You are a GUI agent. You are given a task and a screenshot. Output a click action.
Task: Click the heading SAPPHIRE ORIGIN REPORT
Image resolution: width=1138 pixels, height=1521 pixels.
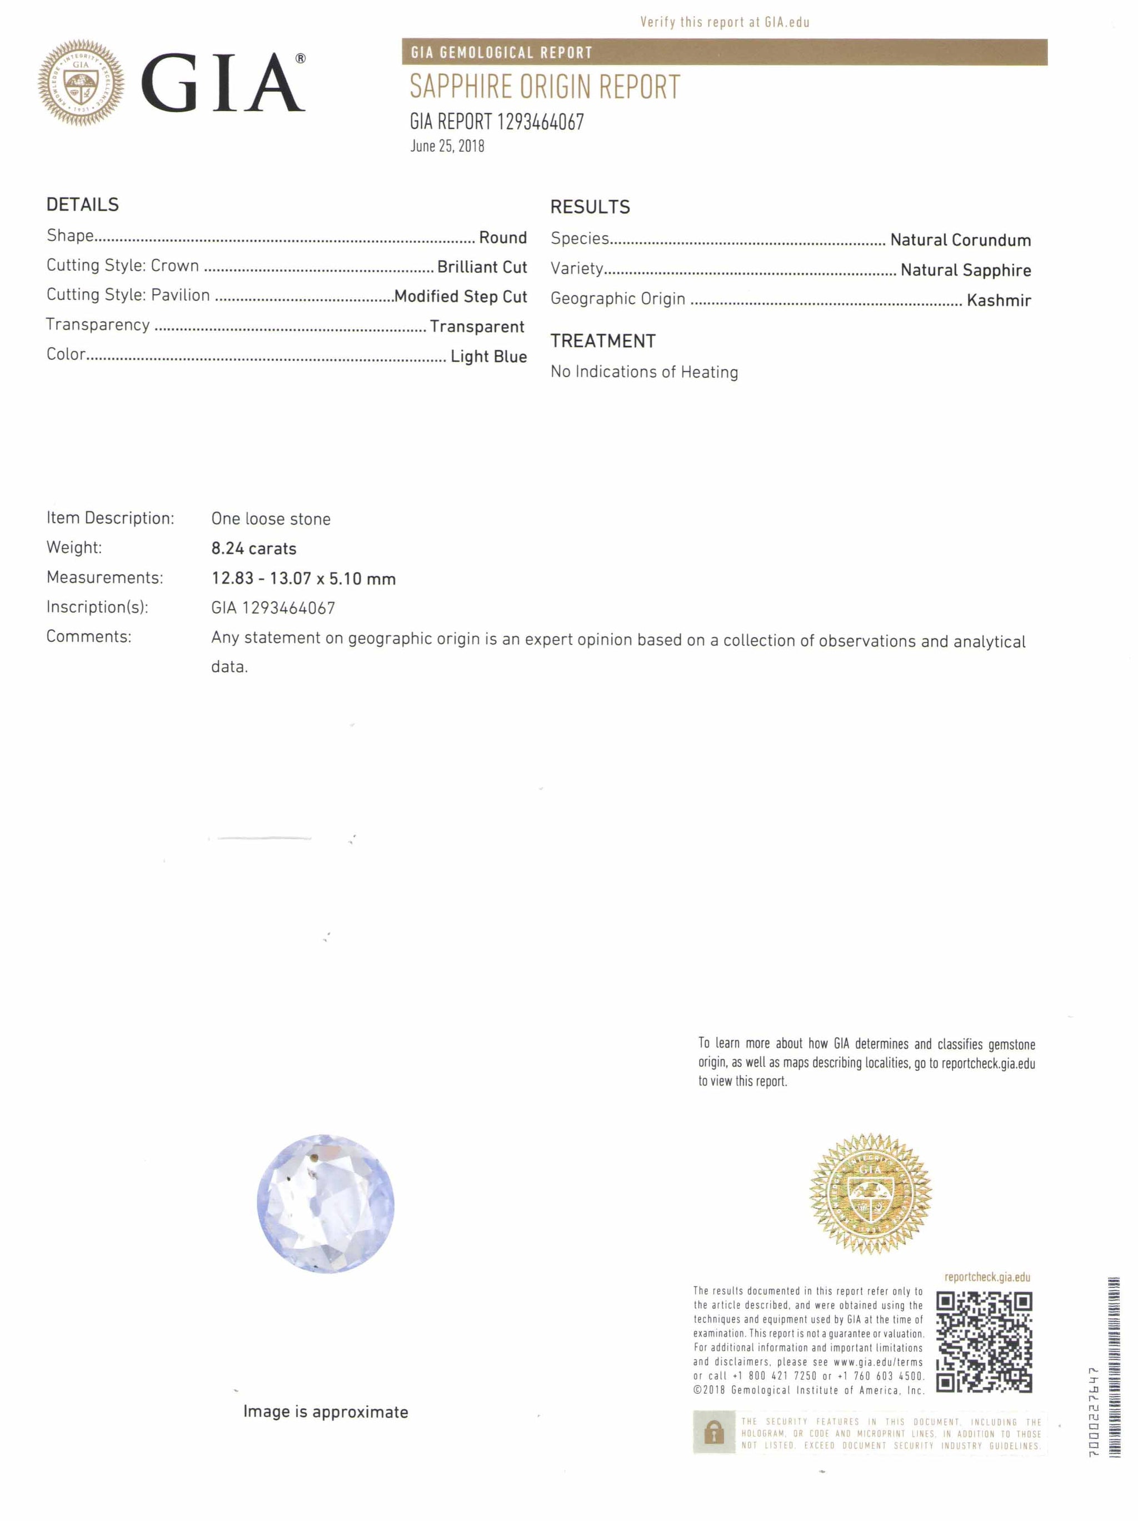point(545,87)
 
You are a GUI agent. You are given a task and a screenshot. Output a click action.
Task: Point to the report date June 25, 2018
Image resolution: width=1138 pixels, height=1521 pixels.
point(447,146)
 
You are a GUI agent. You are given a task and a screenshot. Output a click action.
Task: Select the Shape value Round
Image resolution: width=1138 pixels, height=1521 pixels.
point(503,237)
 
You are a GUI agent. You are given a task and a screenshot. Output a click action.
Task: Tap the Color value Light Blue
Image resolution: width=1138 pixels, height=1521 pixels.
point(488,356)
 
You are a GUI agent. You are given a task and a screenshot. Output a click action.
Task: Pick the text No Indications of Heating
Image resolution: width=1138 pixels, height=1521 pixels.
point(645,372)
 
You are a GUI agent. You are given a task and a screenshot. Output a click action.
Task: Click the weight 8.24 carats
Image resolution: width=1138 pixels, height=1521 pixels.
point(254,548)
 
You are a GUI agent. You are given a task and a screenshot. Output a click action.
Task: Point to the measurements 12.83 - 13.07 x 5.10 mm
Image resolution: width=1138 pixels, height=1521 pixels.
point(303,579)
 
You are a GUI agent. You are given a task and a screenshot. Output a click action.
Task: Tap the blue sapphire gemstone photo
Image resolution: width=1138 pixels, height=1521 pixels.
point(325,1203)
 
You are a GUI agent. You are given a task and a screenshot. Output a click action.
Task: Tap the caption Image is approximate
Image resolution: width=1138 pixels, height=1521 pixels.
point(325,1412)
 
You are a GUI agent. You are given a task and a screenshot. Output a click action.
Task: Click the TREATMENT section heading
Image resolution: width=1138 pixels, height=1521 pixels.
point(603,341)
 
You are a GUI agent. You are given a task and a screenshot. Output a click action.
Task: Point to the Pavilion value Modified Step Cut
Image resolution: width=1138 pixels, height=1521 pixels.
point(461,296)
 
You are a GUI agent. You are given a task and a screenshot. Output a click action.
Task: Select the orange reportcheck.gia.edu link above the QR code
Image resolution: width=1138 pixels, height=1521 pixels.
point(987,1277)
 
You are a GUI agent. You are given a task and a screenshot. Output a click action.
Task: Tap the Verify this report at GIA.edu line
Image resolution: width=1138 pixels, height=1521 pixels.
point(725,22)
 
